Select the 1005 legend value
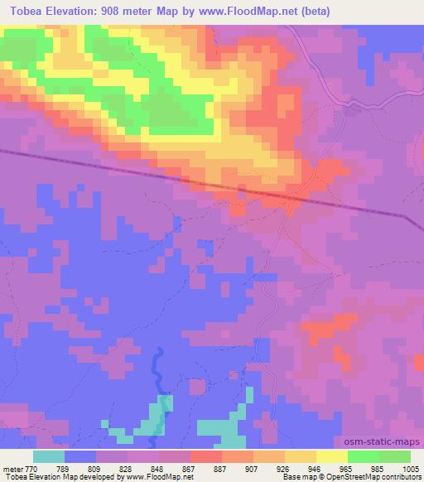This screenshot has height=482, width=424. (409, 468)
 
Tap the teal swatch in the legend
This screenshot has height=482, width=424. (49, 456)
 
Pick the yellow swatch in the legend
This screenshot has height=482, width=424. (332, 456)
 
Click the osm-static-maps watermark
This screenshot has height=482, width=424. (388, 443)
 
